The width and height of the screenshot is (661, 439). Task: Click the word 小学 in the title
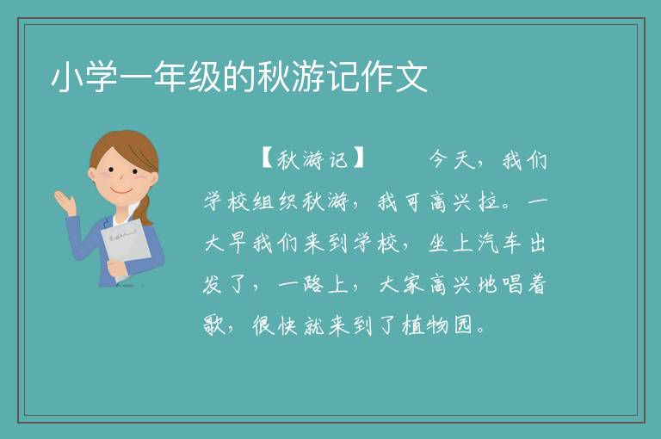click(x=84, y=77)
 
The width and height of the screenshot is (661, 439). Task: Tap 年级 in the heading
click(x=188, y=77)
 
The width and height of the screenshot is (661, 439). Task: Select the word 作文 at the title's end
click(x=394, y=77)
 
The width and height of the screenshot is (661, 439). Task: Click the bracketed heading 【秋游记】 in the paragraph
click(x=312, y=159)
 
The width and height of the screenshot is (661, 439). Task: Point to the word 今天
click(x=452, y=159)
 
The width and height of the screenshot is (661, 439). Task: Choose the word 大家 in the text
click(x=401, y=284)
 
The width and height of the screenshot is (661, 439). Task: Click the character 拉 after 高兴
click(x=489, y=201)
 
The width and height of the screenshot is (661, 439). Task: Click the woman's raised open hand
click(x=65, y=201)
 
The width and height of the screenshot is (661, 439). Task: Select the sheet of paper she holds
click(x=126, y=247)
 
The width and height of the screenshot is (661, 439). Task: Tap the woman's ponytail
click(x=145, y=209)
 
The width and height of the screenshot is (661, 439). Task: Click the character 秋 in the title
click(x=274, y=77)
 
